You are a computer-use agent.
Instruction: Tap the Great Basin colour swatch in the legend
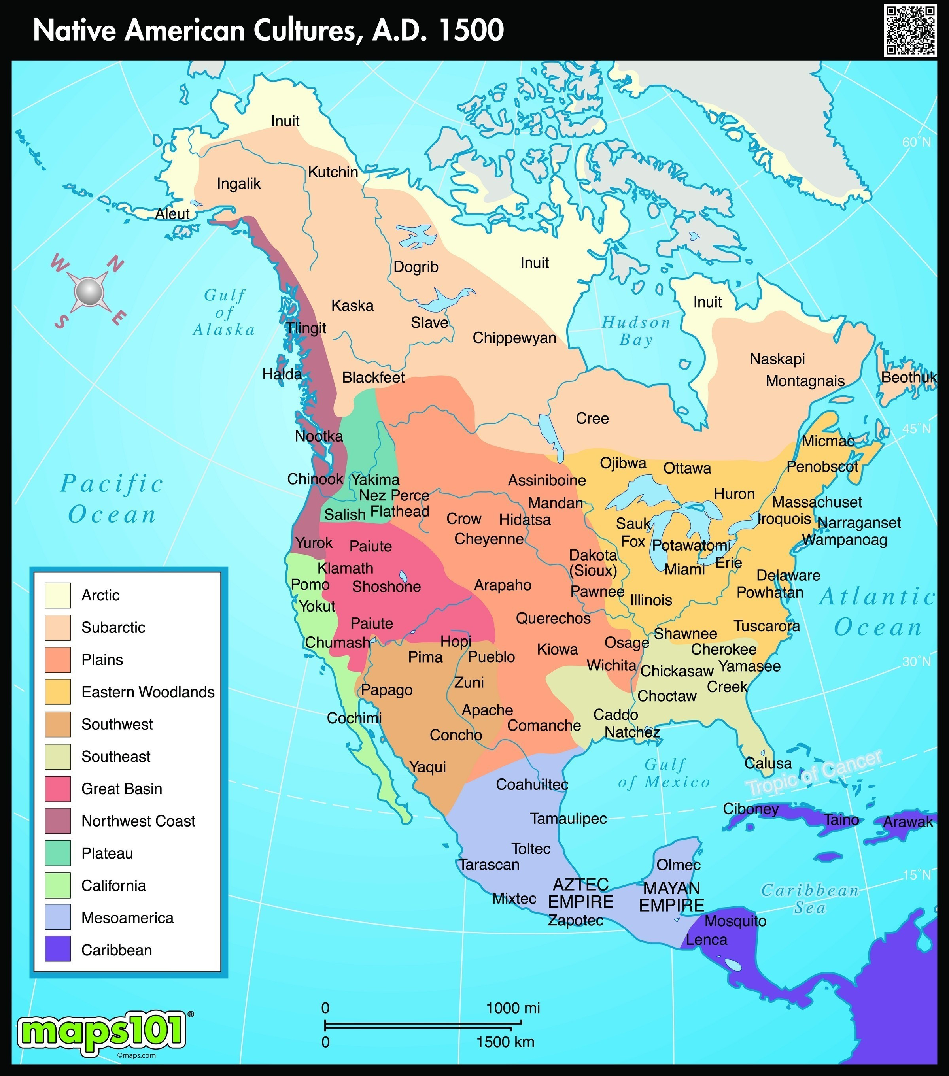coord(57,789)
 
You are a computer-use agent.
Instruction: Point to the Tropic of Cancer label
coord(814,773)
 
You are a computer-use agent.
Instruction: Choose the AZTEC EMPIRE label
coord(580,893)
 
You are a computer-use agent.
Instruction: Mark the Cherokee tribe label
coord(724,649)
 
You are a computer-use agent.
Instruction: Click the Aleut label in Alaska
coord(172,214)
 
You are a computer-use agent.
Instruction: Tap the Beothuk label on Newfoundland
coord(909,378)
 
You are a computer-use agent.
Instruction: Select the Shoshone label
coord(387,587)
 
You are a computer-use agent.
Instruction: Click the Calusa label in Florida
coord(768,763)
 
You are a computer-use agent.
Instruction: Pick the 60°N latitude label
coord(916,142)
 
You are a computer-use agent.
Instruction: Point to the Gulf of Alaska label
coord(224,313)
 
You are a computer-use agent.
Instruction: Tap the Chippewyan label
coord(514,338)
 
